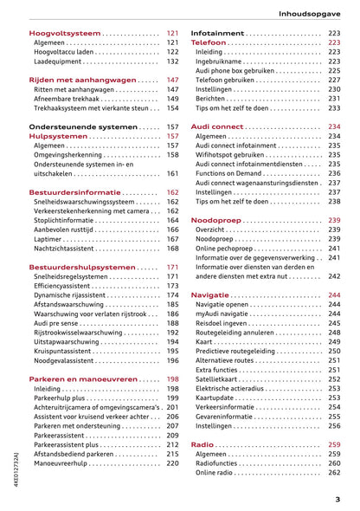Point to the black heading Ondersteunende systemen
83,126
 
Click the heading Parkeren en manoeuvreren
83,379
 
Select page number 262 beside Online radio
334,473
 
